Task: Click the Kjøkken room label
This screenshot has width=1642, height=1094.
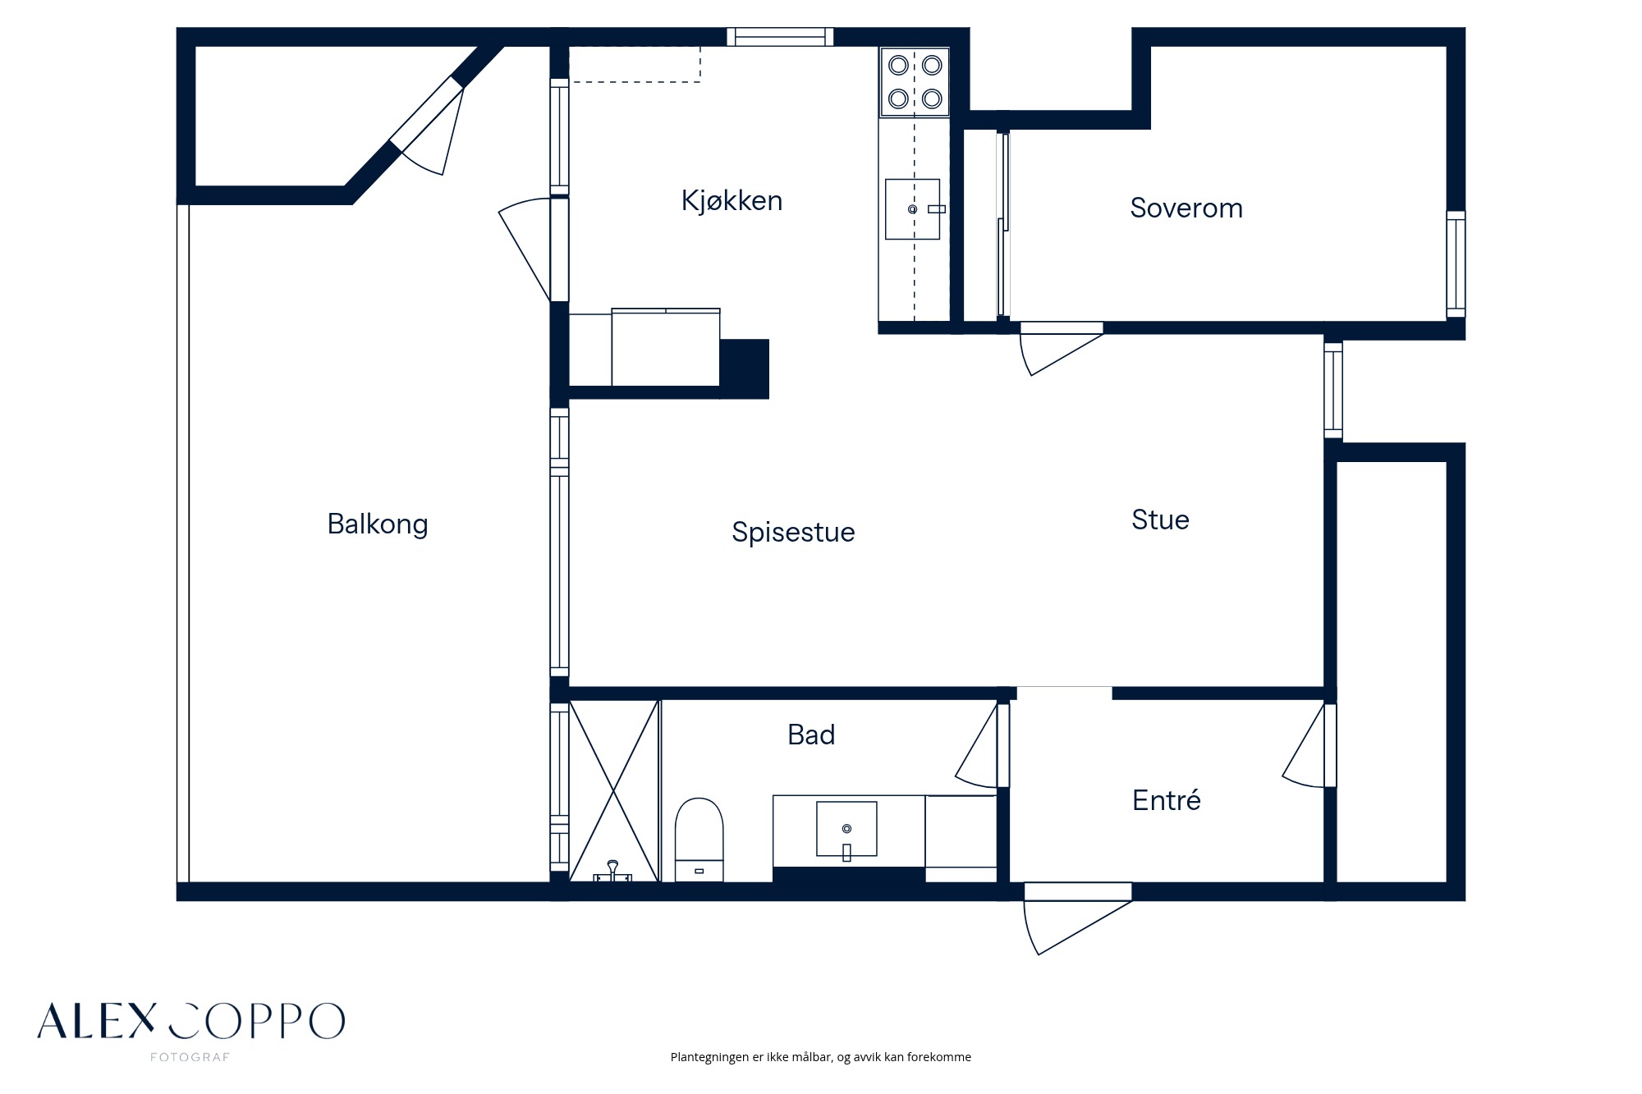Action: point(732,201)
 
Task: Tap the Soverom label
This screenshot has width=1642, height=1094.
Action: point(1186,208)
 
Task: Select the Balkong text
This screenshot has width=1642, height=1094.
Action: point(378,524)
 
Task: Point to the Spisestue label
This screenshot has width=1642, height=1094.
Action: point(793,533)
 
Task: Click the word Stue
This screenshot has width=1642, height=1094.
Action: point(1160,520)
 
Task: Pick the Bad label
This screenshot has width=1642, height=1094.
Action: point(811,735)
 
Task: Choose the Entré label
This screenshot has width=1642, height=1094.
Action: point(1166,800)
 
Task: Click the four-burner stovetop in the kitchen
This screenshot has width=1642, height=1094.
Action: point(915,81)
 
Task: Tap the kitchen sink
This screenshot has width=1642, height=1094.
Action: point(913,209)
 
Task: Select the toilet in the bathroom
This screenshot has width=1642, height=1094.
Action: point(699,840)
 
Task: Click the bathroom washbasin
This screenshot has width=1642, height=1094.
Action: point(846,830)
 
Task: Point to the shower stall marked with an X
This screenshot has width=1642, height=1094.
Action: point(614,791)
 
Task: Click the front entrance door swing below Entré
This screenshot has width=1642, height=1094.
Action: point(1076,918)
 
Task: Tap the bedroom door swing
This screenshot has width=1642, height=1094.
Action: point(1060,349)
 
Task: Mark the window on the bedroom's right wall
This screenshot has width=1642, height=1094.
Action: point(1456,264)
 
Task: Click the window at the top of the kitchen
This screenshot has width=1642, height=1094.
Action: point(780,37)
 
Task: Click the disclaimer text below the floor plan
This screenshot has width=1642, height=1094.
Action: point(821,1057)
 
